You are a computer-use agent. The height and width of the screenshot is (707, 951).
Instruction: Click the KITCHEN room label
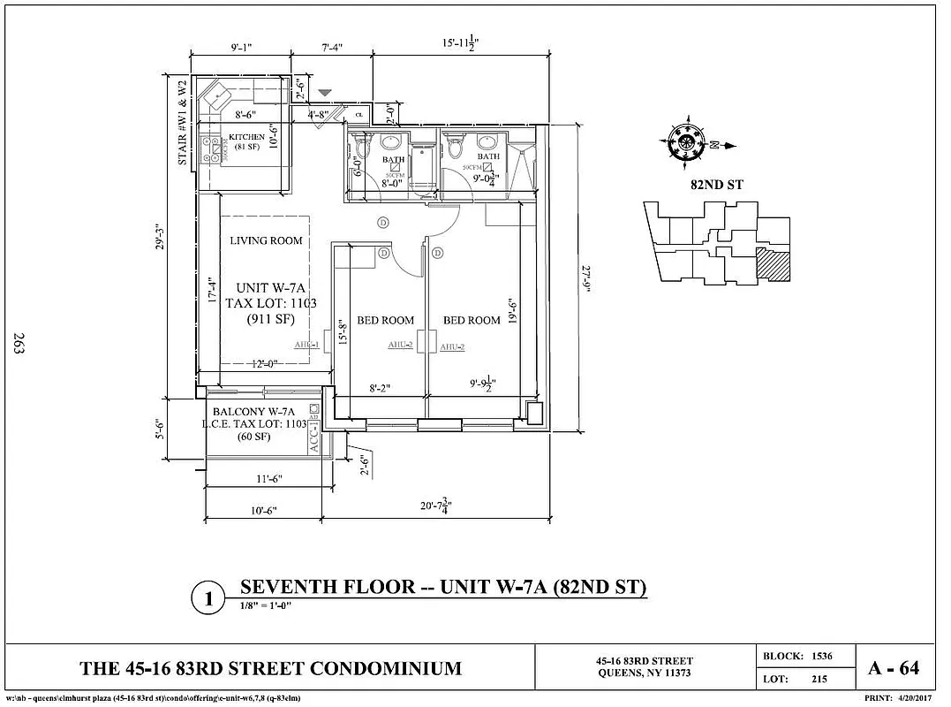click(246, 137)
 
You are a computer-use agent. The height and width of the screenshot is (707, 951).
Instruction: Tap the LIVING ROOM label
click(266, 240)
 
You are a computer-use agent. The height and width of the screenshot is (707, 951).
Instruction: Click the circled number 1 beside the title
click(209, 600)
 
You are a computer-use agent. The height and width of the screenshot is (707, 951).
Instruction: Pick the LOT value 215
click(819, 680)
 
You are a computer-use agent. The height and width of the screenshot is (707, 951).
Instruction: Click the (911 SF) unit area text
click(270, 319)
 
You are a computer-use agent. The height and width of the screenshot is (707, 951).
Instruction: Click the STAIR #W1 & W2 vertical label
click(183, 123)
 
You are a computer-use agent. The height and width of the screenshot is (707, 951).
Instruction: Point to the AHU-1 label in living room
click(306, 346)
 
